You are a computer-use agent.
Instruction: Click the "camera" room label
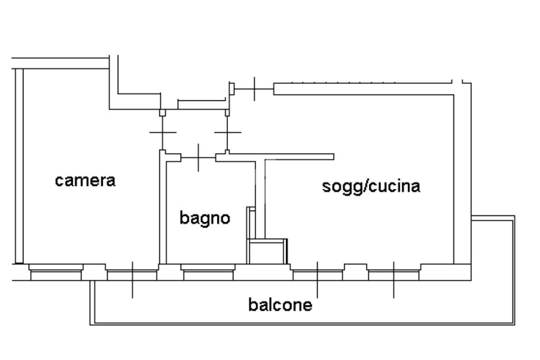tap(85, 180)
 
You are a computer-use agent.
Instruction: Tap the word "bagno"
tap(205, 217)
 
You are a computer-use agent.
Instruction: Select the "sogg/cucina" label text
tap(371, 186)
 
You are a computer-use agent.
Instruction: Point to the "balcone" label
tap(280, 305)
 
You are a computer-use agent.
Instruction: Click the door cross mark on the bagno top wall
tap(198, 157)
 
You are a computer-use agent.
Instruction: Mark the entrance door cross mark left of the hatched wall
tap(254, 89)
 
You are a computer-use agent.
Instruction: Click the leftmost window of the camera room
tap(56, 274)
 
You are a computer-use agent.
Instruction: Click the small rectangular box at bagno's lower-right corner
tap(267, 251)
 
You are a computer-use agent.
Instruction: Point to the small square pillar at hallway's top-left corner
tap(162, 112)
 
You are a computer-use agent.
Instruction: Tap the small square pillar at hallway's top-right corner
tap(227, 112)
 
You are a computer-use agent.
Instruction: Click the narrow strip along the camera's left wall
tap(19, 166)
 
